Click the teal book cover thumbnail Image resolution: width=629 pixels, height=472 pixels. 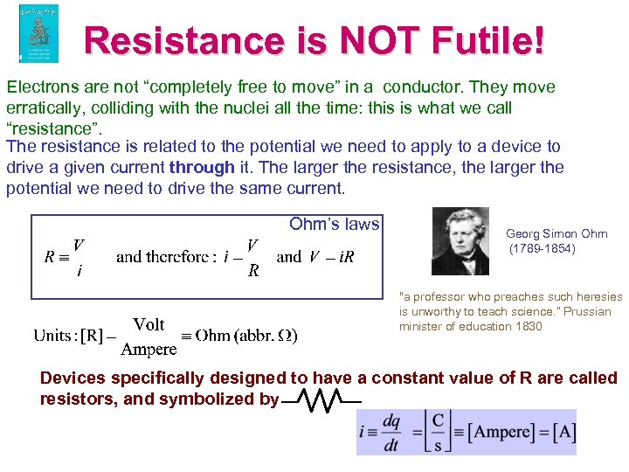click(38, 33)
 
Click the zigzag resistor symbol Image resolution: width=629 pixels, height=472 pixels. click(321, 402)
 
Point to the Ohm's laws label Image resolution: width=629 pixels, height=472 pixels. click(334, 225)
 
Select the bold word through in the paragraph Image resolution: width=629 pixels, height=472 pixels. click(203, 167)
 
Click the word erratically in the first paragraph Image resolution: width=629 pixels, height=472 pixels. click(44, 108)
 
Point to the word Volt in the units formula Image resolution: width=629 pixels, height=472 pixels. click(149, 324)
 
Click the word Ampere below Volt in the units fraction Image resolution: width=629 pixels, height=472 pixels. click(149, 349)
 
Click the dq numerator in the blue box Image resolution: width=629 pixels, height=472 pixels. click(391, 420)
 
